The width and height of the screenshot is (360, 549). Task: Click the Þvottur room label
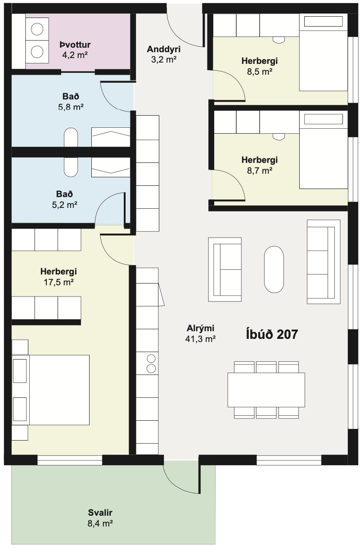pos(75,45)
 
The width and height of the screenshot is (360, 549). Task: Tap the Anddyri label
pos(164,49)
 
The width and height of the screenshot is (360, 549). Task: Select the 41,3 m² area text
pos(200,339)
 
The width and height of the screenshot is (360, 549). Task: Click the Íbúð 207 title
pos(272,334)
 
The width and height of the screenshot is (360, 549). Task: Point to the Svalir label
pos(100,512)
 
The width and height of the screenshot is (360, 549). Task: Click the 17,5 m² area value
pos(59,282)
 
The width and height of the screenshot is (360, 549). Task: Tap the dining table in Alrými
pos(266,390)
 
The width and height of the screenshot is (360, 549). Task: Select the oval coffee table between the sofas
pos(274,270)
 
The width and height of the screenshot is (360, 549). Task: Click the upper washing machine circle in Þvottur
pos(37,29)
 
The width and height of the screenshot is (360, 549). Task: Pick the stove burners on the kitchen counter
pos(151,364)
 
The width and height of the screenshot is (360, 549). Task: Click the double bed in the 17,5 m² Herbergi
pos(51,390)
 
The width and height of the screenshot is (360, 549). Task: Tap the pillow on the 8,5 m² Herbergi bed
pos(323,21)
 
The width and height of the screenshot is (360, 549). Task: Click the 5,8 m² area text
pos(71,107)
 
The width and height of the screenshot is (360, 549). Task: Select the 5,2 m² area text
pos(65,205)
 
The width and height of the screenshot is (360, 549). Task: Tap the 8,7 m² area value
pos(260,171)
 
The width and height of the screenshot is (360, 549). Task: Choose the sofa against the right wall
pos(324,262)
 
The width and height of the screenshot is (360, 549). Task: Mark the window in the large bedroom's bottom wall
pos(70,460)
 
